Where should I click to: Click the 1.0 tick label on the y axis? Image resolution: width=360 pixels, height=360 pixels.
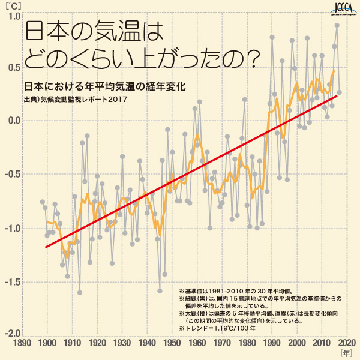pos(13,16)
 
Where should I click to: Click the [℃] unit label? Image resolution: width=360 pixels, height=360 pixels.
pos(12,6)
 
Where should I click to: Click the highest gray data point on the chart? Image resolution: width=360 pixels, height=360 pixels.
pos(337,25)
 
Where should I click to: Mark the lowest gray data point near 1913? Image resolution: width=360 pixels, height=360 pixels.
pos(80,293)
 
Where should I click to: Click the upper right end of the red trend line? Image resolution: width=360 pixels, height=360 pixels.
pos(337,96)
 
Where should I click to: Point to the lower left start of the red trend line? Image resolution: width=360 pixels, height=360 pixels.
pos(46,247)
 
